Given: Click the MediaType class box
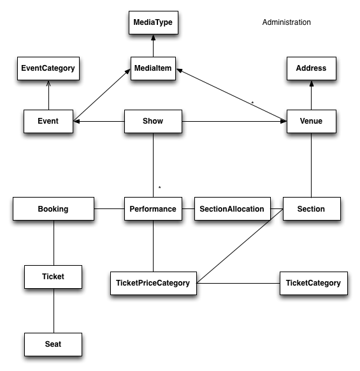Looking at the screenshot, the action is coord(154,22).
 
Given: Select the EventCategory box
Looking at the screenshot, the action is coord(48,68).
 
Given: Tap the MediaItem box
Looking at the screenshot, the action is coord(153,68).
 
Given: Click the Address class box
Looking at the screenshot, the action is coord(312,68).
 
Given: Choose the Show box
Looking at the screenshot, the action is coord(153,121).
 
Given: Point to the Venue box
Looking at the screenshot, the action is coord(312,121).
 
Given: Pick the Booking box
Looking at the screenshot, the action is coord(54,208).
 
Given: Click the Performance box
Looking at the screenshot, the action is coord(153,208).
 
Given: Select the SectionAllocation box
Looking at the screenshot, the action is coord(233,208).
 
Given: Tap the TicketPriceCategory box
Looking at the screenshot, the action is coord(154,283).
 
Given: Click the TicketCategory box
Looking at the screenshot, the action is coord(313,283).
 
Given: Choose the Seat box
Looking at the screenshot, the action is coord(54,344).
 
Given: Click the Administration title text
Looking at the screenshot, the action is coord(287,22).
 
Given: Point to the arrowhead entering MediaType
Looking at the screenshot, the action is coord(154,38).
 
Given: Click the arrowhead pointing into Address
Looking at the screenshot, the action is coord(312,84).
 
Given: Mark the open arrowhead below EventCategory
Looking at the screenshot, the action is coord(48,84).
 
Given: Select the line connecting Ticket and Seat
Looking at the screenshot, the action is coord(54,310).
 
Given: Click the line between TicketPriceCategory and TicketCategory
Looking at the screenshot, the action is coord(238,283).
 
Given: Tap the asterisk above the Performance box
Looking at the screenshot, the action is coord(160,187).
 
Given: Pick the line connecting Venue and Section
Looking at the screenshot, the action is coord(312,165).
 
